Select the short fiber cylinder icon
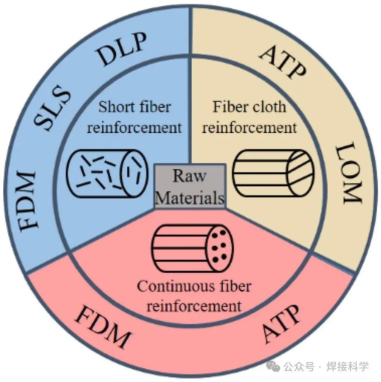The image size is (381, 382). coord(107,173)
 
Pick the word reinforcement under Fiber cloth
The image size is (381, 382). coord(250,127)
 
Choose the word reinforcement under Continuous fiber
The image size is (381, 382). coord(194,306)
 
